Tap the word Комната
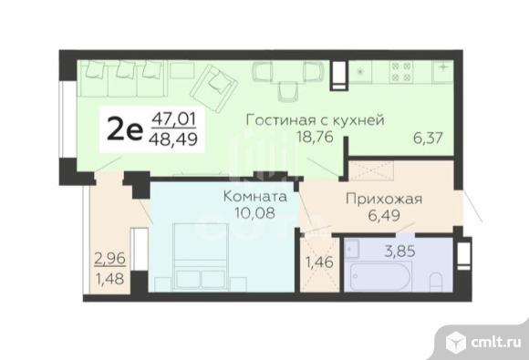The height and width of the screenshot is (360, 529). click(x=254, y=196)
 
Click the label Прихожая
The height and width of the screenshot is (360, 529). click(x=381, y=200)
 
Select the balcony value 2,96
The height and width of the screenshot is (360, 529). click(x=108, y=258)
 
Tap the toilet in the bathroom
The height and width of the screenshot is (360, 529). click(x=437, y=277)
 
